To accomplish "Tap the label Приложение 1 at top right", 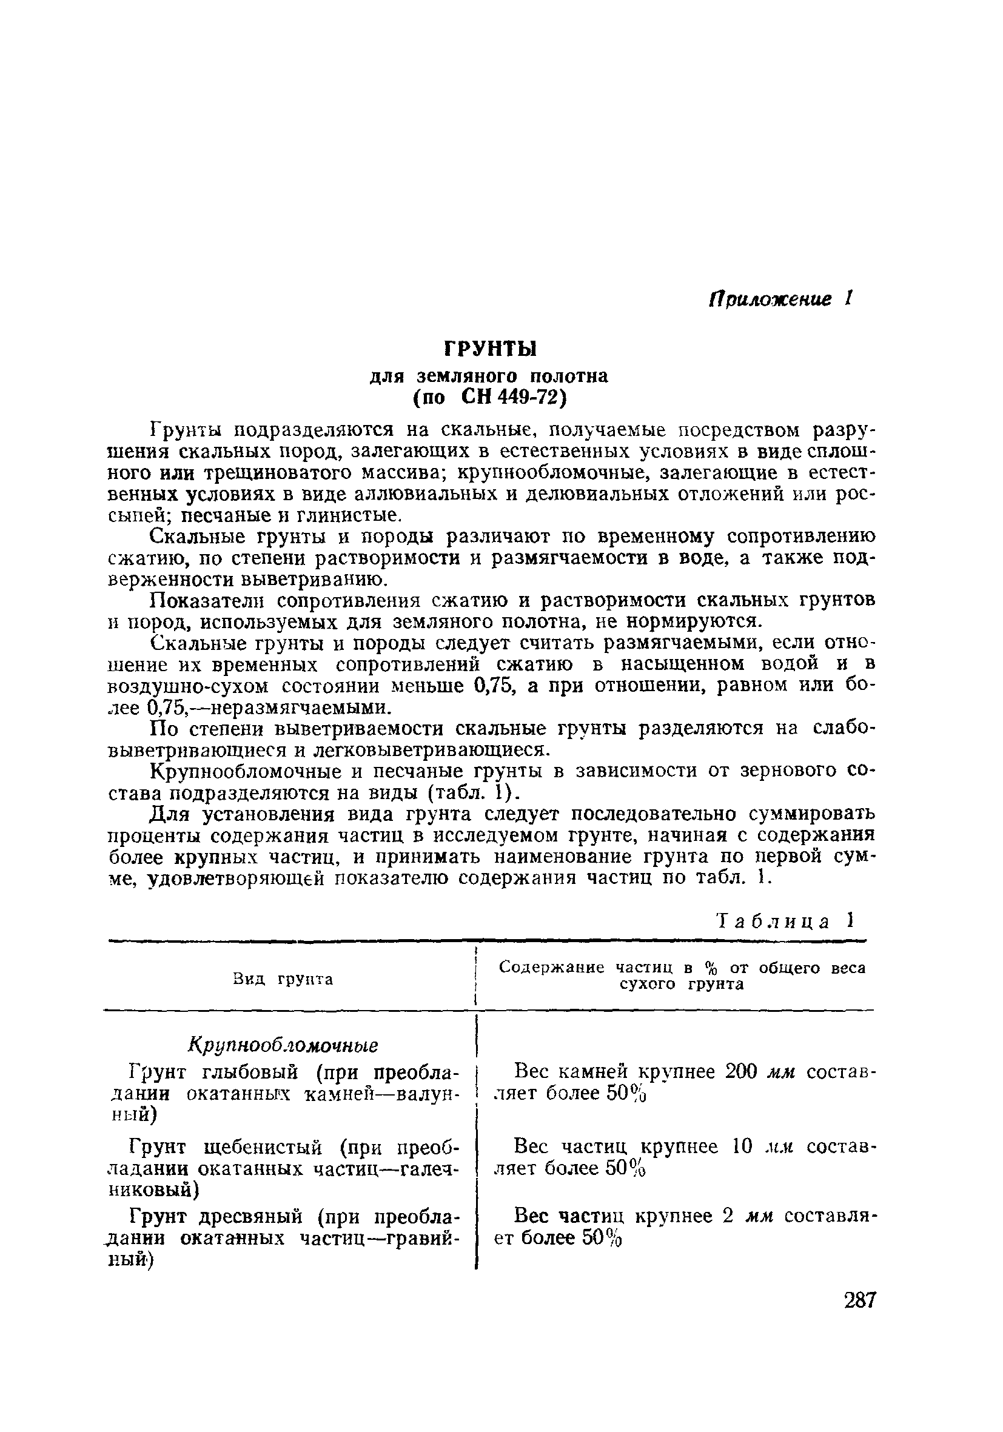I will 779,299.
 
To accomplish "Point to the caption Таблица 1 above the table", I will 783,921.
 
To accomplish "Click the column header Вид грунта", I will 283,980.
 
